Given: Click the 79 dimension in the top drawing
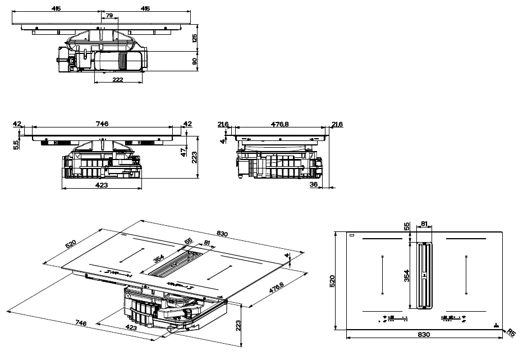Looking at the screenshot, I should (109, 16).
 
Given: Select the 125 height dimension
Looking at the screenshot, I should (194, 38).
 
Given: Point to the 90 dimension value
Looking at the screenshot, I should (194, 61).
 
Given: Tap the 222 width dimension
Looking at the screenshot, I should (117, 79).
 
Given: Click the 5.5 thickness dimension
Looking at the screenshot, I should (16, 144).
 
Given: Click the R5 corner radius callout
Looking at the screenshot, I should (511, 332).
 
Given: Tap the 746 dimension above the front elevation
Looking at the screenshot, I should (101, 124).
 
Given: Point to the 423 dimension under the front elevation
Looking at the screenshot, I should (101, 185).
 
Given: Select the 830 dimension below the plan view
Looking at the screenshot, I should (424, 334).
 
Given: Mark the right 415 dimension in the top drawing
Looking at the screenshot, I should (145, 8).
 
